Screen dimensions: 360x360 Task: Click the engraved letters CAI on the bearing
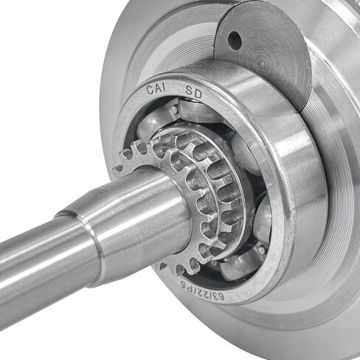tap(156, 89)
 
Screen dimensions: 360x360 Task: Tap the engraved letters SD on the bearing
tap(194, 92)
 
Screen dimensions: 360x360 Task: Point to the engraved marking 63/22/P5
tap(202, 291)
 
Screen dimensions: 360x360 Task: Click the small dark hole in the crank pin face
tap(235, 39)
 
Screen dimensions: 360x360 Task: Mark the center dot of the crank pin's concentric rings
tap(263, 65)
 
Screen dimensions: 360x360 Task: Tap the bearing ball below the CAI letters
tap(153, 121)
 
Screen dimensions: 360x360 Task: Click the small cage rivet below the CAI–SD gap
tap(174, 109)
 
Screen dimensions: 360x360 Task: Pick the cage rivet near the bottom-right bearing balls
tap(262, 250)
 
